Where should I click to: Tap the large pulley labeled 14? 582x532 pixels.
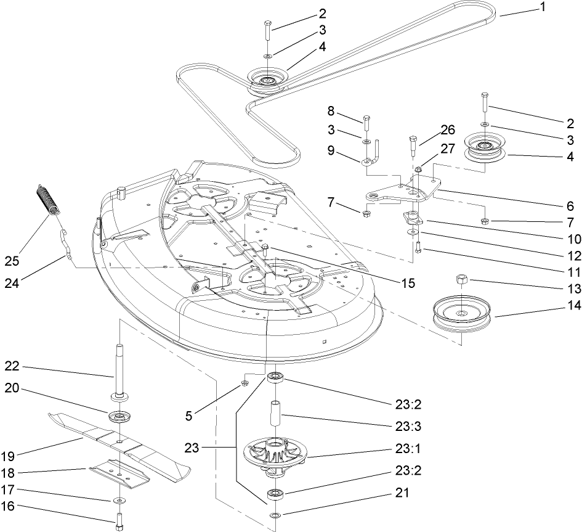tap(461, 315)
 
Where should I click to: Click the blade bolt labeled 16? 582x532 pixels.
tap(119, 522)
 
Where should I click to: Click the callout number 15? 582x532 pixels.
tap(407, 283)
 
